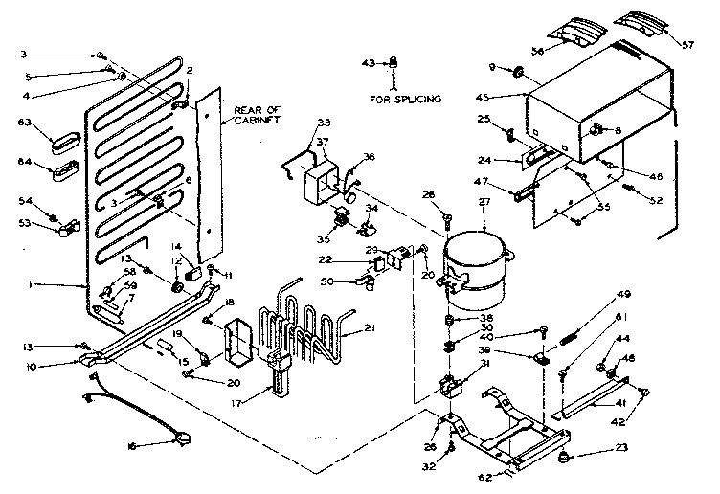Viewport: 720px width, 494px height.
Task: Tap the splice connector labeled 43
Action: (x=392, y=64)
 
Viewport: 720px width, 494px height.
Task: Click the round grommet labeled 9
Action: (x=517, y=71)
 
